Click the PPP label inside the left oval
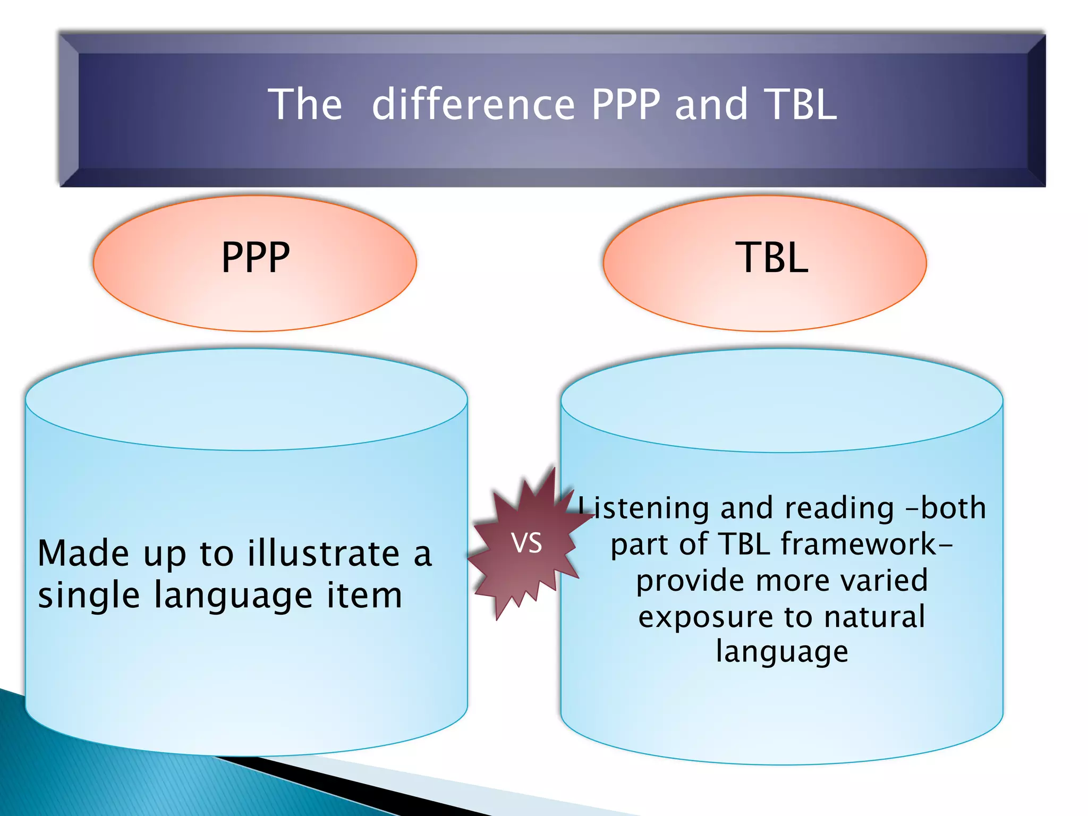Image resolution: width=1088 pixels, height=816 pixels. [256, 258]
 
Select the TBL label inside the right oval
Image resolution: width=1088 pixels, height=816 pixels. [772, 258]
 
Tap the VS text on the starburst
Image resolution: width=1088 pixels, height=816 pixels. [526, 543]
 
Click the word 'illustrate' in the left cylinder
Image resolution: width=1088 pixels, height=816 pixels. [324, 554]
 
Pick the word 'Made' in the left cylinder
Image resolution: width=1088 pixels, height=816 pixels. [83, 554]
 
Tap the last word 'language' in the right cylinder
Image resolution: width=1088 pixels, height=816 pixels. [782, 652]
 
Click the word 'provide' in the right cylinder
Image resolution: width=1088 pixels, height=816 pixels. [691, 581]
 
